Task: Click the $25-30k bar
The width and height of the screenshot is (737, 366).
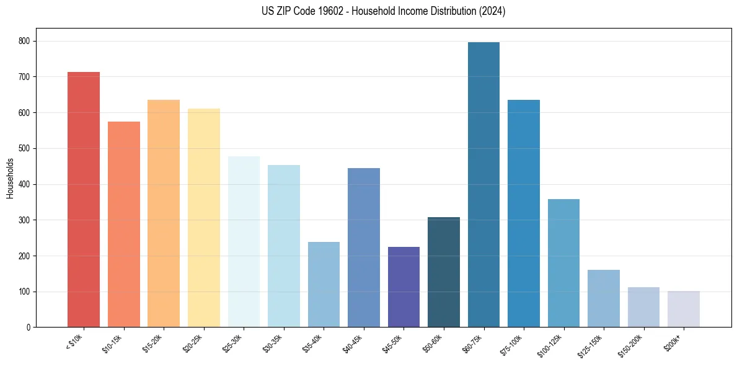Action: pyautogui.click(x=244, y=242)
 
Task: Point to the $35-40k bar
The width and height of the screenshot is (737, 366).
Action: pyautogui.click(x=324, y=285)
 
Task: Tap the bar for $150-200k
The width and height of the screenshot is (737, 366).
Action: pyautogui.click(x=643, y=307)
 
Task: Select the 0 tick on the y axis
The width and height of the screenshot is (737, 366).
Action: pyautogui.click(x=29, y=328)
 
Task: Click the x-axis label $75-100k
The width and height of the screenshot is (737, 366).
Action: pyautogui.click(x=512, y=343)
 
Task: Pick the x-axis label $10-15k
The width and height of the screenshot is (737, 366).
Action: pyautogui.click(x=112, y=342)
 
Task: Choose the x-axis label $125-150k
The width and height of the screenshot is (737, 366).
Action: pyautogui.click(x=590, y=344)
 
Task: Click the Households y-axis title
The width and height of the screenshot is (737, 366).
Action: pyautogui.click(x=10, y=178)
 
